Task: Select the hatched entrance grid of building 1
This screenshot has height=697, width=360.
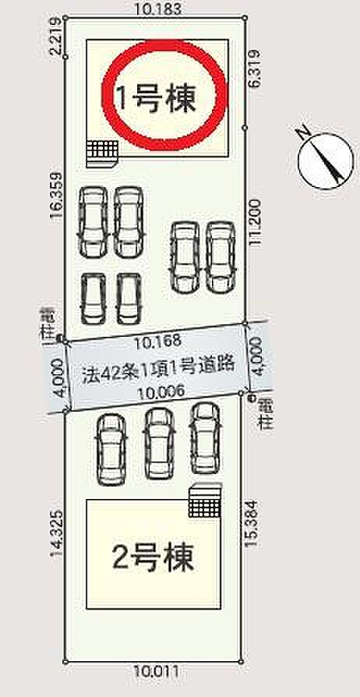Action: (x=101, y=148)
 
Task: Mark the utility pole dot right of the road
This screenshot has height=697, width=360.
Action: (x=251, y=398)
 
